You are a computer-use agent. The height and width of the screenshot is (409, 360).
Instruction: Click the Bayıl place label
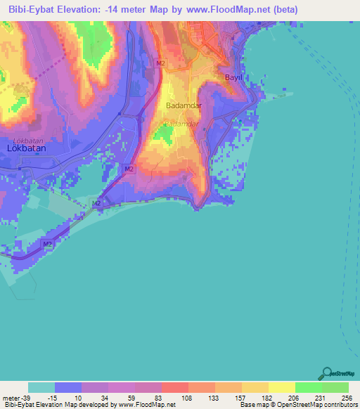[x=233, y=77]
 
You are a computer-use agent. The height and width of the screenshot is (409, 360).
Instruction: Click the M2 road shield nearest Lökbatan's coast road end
[x=47, y=244]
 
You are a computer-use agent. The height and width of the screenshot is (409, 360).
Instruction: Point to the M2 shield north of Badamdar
[x=161, y=63]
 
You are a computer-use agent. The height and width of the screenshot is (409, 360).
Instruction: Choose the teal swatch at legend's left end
[x=41, y=387]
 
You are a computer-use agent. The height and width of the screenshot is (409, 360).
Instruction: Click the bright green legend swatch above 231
[x=308, y=387]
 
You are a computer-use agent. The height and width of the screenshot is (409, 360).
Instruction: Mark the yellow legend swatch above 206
[x=281, y=387]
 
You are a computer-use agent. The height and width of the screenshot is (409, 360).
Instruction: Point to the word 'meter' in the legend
[x=11, y=398]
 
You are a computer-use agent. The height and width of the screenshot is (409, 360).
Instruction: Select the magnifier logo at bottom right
[x=326, y=373]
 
